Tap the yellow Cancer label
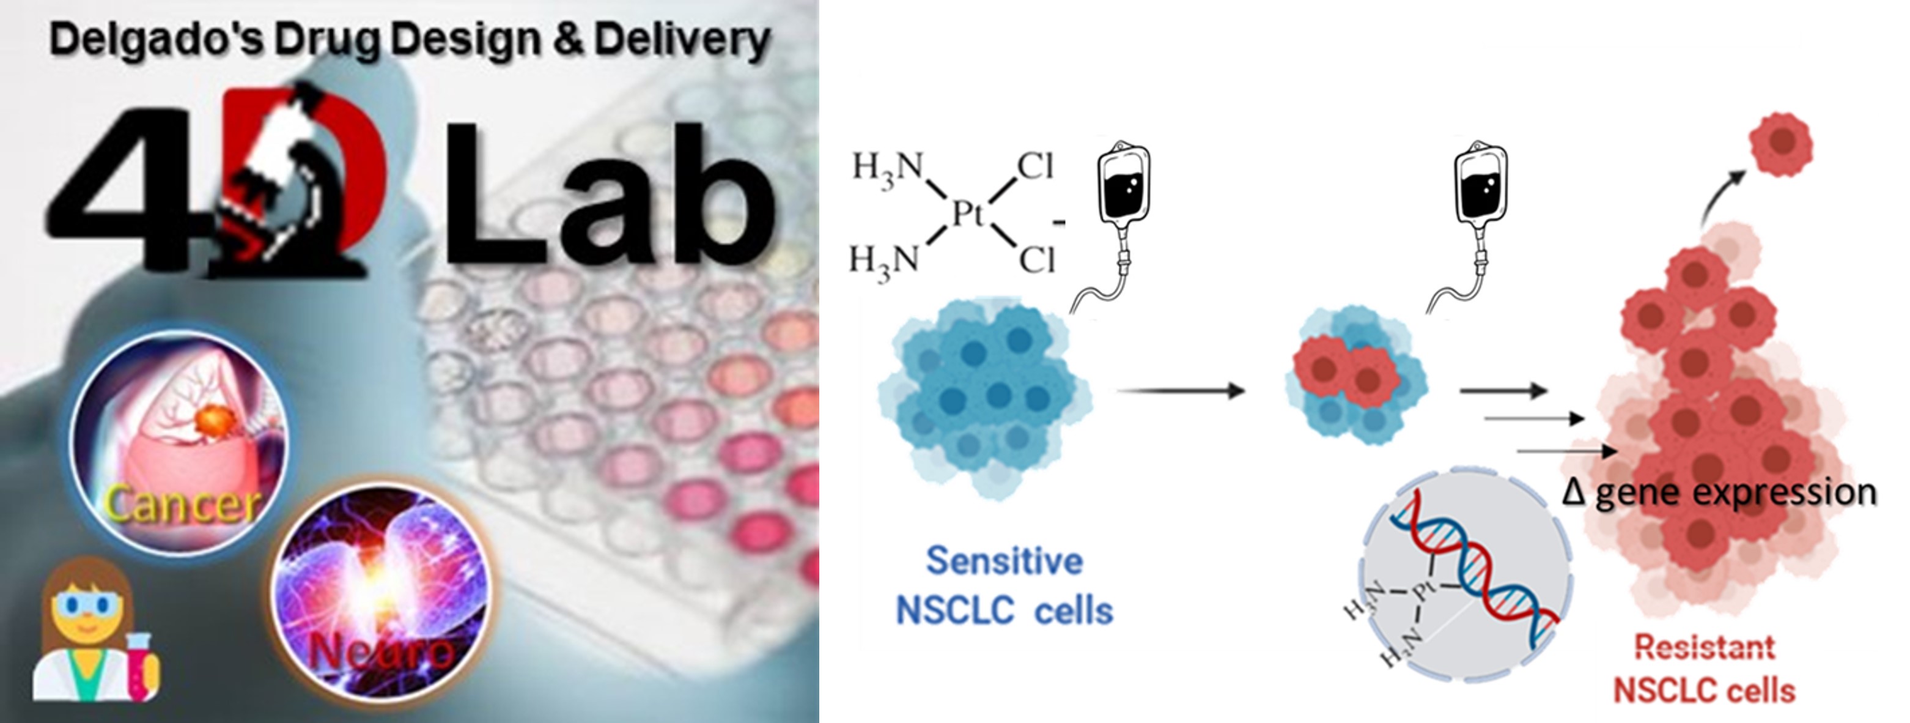pos(182,504)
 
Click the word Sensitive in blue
pos(1005,562)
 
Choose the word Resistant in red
pos(1705,647)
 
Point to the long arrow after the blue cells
pos(1181,390)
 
